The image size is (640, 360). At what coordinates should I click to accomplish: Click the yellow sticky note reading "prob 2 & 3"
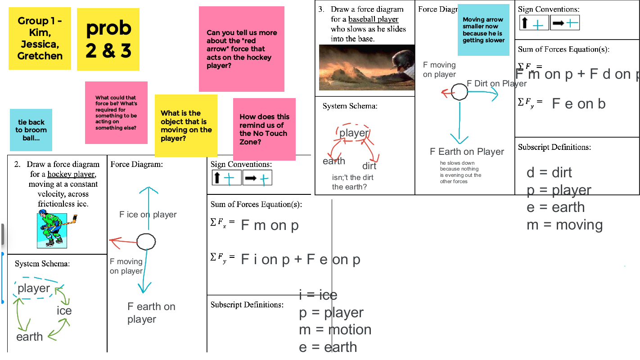(108, 40)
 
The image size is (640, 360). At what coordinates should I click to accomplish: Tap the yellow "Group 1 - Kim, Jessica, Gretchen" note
(40, 38)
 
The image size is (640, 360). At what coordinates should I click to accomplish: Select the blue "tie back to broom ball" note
(31, 130)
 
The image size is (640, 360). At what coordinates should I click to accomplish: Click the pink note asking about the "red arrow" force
(242, 49)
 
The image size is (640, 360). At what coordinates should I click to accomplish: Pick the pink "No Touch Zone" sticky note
(264, 129)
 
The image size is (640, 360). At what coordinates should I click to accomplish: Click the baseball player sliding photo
(367, 67)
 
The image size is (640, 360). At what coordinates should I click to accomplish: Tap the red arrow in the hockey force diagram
(123, 242)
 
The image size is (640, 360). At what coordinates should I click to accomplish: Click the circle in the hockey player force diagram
(146, 242)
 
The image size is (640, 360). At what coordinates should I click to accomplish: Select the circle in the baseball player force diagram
(460, 92)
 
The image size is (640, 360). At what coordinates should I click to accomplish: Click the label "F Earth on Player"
(467, 152)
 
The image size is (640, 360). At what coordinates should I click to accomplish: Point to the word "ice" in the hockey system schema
(64, 310)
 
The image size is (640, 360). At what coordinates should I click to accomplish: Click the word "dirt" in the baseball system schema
(369, 166)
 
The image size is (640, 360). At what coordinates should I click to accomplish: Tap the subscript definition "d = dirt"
(549, 172)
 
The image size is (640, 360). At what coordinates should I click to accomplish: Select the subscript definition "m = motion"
(335, 329)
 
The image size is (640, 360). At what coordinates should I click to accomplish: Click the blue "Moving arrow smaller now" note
(483, 30)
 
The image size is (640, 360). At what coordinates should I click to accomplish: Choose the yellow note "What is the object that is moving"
(186, 126)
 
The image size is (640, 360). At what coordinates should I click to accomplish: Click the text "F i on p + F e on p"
(300, 260)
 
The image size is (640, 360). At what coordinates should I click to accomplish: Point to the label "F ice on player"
(148, 215)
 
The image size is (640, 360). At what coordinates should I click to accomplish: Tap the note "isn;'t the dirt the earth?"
(352, 182)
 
